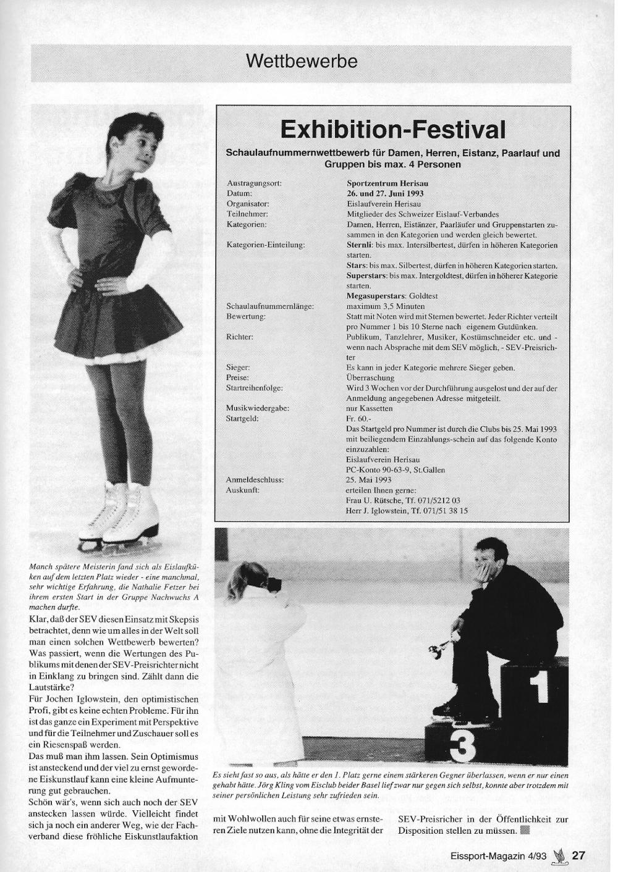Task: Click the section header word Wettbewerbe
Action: click(301, 62)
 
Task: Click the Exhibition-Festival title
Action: click(392, 130)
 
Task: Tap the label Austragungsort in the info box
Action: click(254, 183)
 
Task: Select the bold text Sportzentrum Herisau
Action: click(387, 183)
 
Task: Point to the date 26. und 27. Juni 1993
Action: click(385, 193)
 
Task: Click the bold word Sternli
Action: click(357, 245)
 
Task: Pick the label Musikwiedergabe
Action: click(258, 408)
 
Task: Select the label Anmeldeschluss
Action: click(255, 480)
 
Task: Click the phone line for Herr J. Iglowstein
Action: click(407, 511)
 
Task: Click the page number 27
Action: click(578, 855)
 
